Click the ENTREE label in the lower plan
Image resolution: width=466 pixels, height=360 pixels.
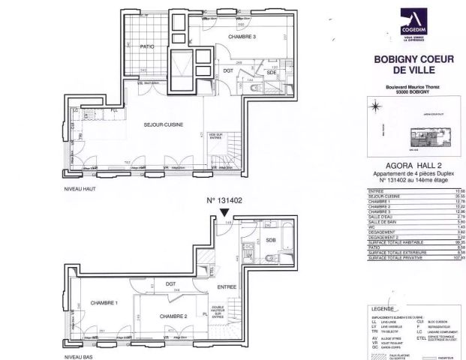[227, 286]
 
